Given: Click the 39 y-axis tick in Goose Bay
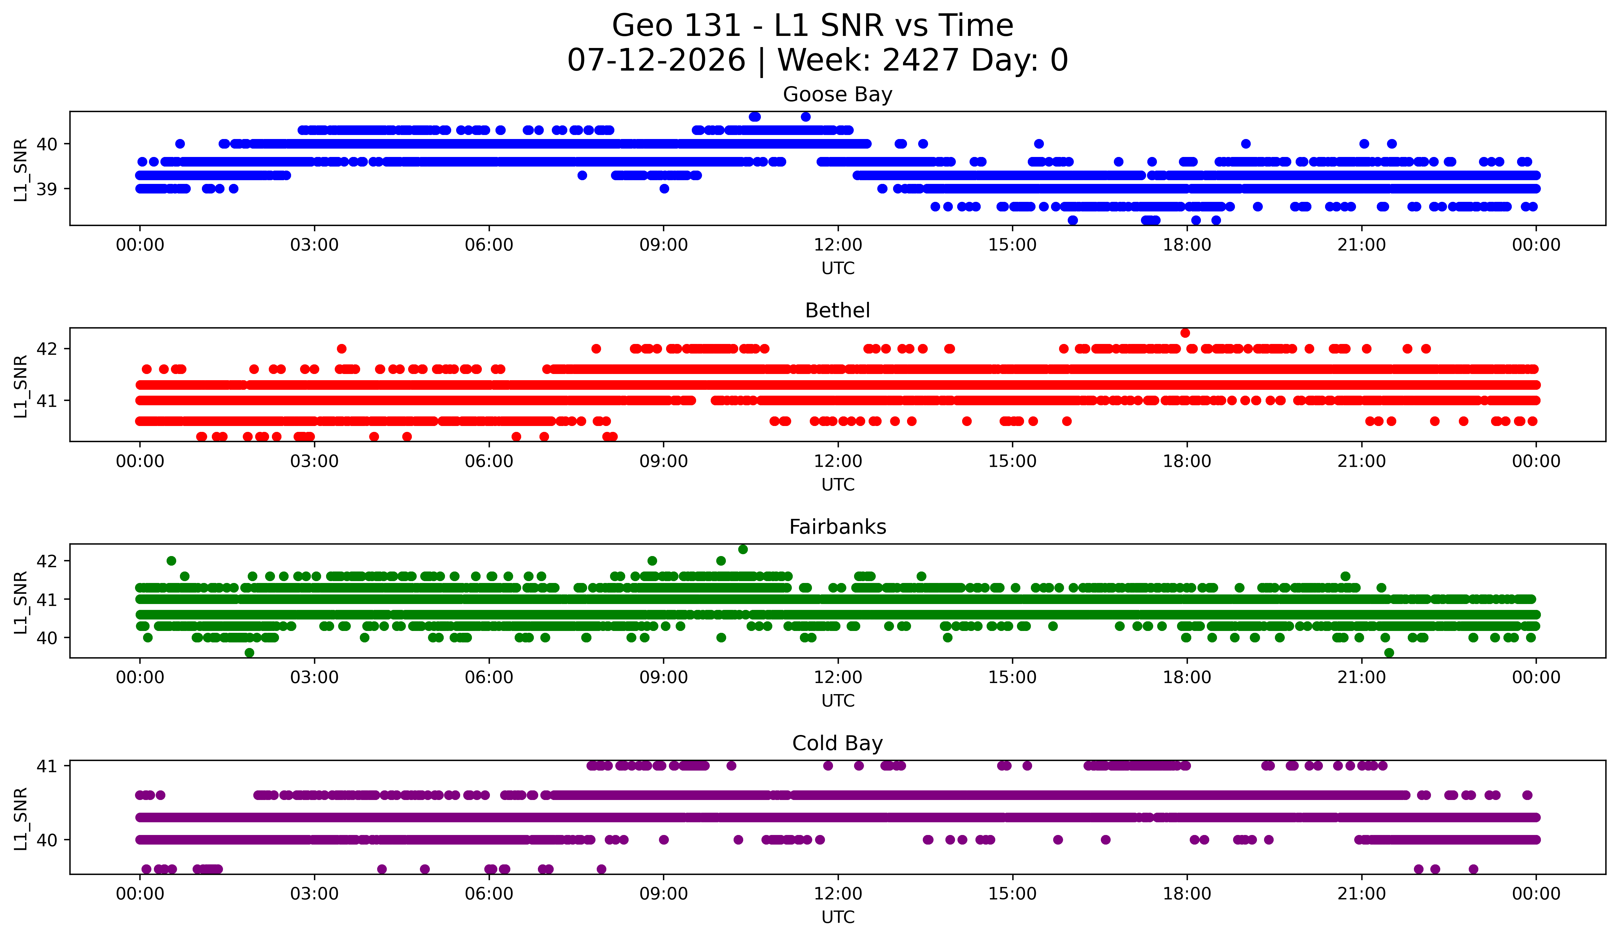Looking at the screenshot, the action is pos(47,189).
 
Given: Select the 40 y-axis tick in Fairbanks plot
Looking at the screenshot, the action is pos(47,638).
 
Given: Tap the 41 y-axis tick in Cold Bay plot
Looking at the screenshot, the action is pos(47,766).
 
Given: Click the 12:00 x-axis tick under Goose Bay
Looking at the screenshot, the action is pos(838,245).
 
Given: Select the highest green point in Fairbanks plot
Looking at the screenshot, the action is pos(743,550).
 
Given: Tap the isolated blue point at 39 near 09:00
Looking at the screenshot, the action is pos(665,189).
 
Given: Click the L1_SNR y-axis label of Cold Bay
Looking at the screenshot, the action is pos(20,819).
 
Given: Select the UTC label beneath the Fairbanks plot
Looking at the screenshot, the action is pos(838,701).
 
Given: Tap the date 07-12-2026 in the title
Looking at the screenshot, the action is pos(656,60).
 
